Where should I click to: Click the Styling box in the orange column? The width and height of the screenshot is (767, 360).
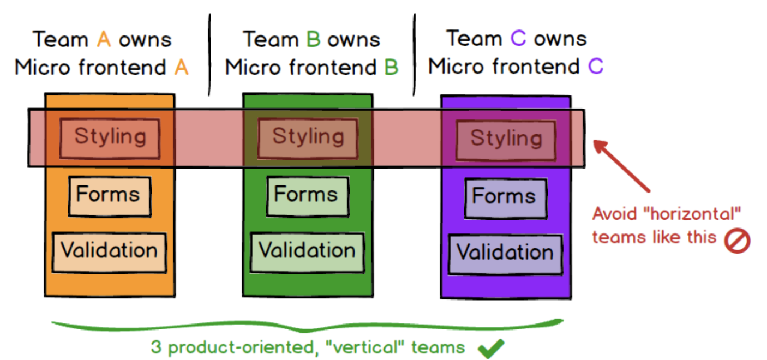pyautogui.click(x=110, y=137)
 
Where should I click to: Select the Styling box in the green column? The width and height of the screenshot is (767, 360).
pyautogui.click(x=308, y=137)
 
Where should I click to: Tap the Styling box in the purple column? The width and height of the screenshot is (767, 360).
pyautogui.click(x=506, y=139)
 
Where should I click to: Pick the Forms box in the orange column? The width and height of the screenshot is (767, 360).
pyautogui.click(x=109, y=195)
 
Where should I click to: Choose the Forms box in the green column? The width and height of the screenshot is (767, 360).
pyautogui.click(x=307, y=195)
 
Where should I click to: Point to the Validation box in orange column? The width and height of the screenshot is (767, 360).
pyautogui.click(x=109, y=251)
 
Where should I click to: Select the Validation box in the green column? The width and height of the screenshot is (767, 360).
pyautogui.click(x=307, y=251)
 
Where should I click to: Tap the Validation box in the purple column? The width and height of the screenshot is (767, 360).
pyautogui.click(x=505, y=253)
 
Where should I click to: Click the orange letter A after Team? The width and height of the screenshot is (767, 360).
pyautogui.click(x=104, y=40)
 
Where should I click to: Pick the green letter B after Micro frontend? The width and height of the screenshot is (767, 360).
pyautogui.click(x=391, y=68)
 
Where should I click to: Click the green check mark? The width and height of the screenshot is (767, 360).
pyautogui.click(x=491, y=348)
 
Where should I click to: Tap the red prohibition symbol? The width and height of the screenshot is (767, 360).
pyautogui.click(x=738, y=240)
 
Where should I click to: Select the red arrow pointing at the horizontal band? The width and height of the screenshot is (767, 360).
pyautogui.click(x=622, y=166)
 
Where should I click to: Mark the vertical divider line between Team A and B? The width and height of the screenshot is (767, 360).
pyautogui.click(x=210, y=55)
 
